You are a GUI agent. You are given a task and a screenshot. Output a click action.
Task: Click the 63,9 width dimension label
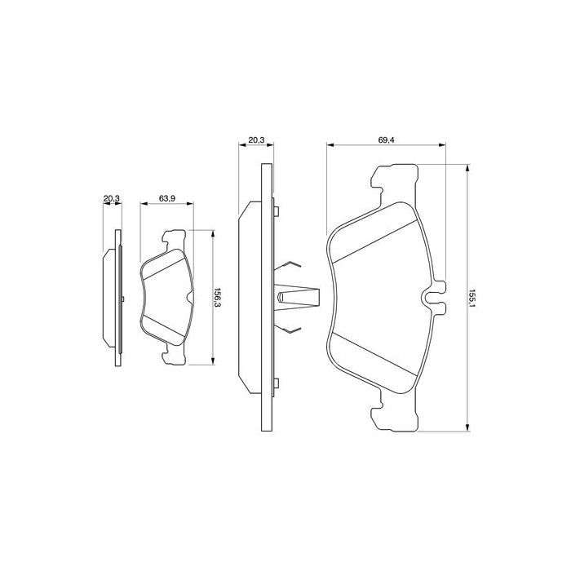tap(166, 198)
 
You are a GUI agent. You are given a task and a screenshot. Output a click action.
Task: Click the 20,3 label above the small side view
tap(112, 198)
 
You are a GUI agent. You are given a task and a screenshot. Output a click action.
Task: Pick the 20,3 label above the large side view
tap(255, 141)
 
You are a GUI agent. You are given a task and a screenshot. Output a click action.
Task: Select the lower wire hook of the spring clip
tap(292, 330)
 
